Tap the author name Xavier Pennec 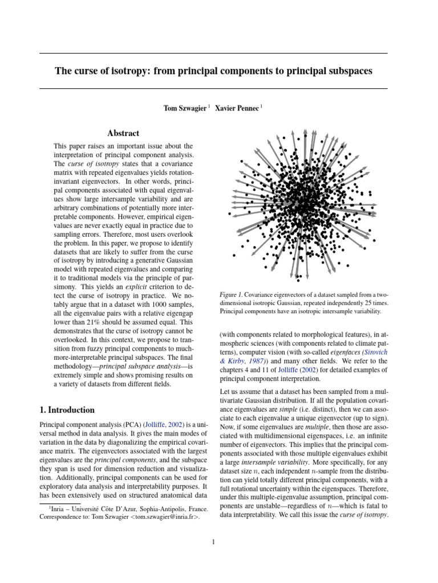[x=236, y=107]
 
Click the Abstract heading [x=123, y=133]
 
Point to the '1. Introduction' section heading [x=67, y=409]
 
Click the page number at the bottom [x=213, y=542]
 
